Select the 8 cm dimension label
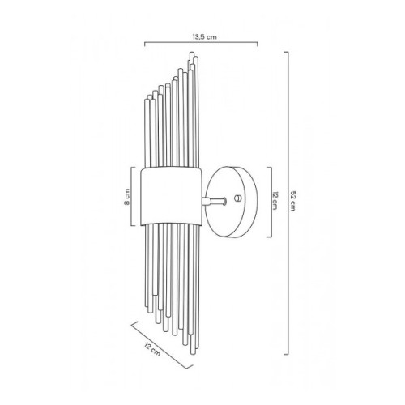click(127, 197)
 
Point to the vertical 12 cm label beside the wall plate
click(275, 201)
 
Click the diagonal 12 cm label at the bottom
click(152, 349)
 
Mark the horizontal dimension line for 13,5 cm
click(201, 43)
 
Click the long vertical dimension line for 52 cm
click(288, 203)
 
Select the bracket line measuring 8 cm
click(131, 197)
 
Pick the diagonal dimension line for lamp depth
click(162, 345)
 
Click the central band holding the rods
click(172, 196)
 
